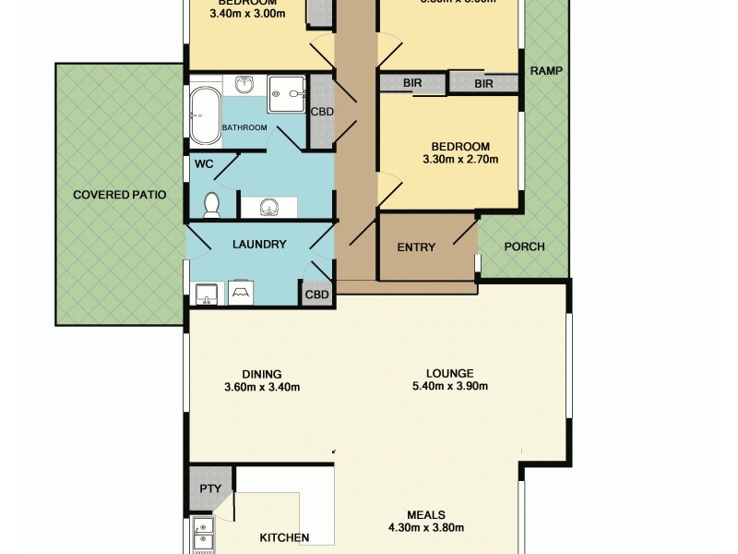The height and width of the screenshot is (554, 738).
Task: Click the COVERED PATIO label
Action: point(120,195)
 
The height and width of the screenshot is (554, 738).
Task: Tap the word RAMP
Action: point(546,70)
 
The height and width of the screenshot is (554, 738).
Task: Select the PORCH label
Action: point(524,247)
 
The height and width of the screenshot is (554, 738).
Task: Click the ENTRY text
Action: point(416,247)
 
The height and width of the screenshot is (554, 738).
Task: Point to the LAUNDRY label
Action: point(259,245)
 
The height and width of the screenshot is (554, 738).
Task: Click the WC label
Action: point(203,164)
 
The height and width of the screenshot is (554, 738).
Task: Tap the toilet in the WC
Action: point(211,203)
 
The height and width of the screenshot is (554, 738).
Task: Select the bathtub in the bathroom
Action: point(205,115)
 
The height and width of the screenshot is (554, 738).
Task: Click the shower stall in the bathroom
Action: point(287,94)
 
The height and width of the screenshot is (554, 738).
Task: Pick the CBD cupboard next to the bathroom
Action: point(322,112)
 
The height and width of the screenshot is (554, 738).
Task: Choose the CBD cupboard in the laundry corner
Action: point(316,295)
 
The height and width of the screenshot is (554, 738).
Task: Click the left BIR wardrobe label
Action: point(412,83)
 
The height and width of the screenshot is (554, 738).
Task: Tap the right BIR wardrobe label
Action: point(483,84)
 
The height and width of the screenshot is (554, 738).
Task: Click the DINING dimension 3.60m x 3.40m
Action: point(263,387)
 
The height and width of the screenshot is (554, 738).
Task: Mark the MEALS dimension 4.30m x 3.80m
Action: point(426,528)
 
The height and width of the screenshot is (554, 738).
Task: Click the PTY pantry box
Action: point(210,488)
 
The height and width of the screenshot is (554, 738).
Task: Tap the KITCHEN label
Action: point(283,537)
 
